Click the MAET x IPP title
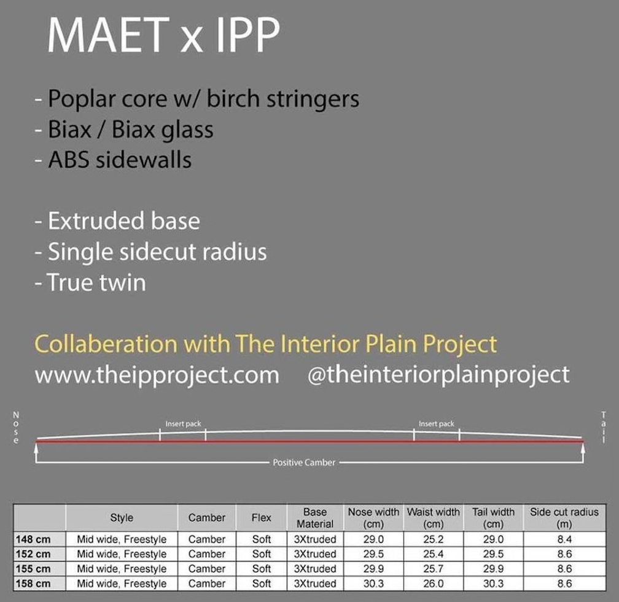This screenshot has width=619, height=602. pyautogui.click(x=163, y=35)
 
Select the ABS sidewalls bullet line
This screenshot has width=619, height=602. pyautogui.click(x=113, y=160)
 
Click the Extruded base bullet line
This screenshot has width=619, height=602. pyautogui.click(x=117, y=221)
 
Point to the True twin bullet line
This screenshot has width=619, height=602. pyautogui.click(x=90, y=283)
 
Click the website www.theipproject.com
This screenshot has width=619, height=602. pyautogui.click(x=157, y=375)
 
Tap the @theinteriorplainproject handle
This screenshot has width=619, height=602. pyautogui.click(x=438, y=375)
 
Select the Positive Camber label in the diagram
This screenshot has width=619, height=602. pyautogui.click(x=304, y=463)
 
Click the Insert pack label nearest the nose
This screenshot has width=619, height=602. pyautogui.click(x=183, y=424)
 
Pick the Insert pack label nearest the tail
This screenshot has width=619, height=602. pyautogui.click(x=437, y=424)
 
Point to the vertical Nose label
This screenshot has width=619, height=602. pyautogui.click(x=16, y=428)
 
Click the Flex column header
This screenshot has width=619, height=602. pyautogui.click(x=262, y=517)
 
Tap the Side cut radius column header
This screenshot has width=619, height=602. pyautogui.click(x=564, y=518)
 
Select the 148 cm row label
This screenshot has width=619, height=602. pyautogui.click(x=33, y=539)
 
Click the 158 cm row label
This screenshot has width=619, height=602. pyautogui.click(x=33, y=584)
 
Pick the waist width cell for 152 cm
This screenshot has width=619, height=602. pyautogui.click(x=434, y=554)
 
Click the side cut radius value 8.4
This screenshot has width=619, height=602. pyautogui.click(x=564, y=539)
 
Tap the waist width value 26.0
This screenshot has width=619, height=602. pyautogui.click(x=434, y=584)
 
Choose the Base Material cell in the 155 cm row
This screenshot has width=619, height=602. pyautogui.click(x=315, y=569)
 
